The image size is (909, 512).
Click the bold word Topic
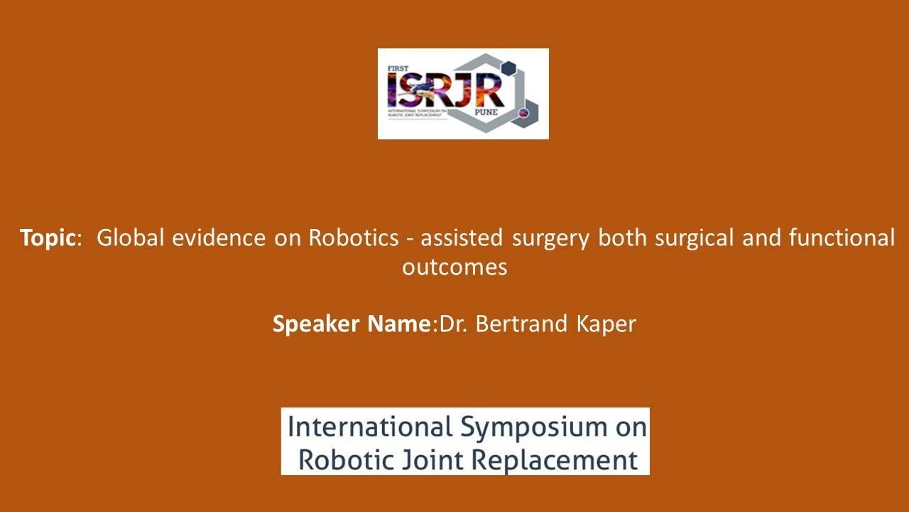(x=47, y=238)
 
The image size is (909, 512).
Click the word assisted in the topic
(x=462, y=238)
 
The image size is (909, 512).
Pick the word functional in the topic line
(x=842, y=238)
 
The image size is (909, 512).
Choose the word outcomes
(x=454, y=267)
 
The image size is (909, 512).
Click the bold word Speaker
(x=317, y=324)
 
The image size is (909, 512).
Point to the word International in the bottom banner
(x=370, y=427)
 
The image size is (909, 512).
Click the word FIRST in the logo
(x=396, y=69)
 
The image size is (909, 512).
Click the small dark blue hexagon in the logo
(x=507, y=68)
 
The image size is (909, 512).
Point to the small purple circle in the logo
(x=524, y=112)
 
